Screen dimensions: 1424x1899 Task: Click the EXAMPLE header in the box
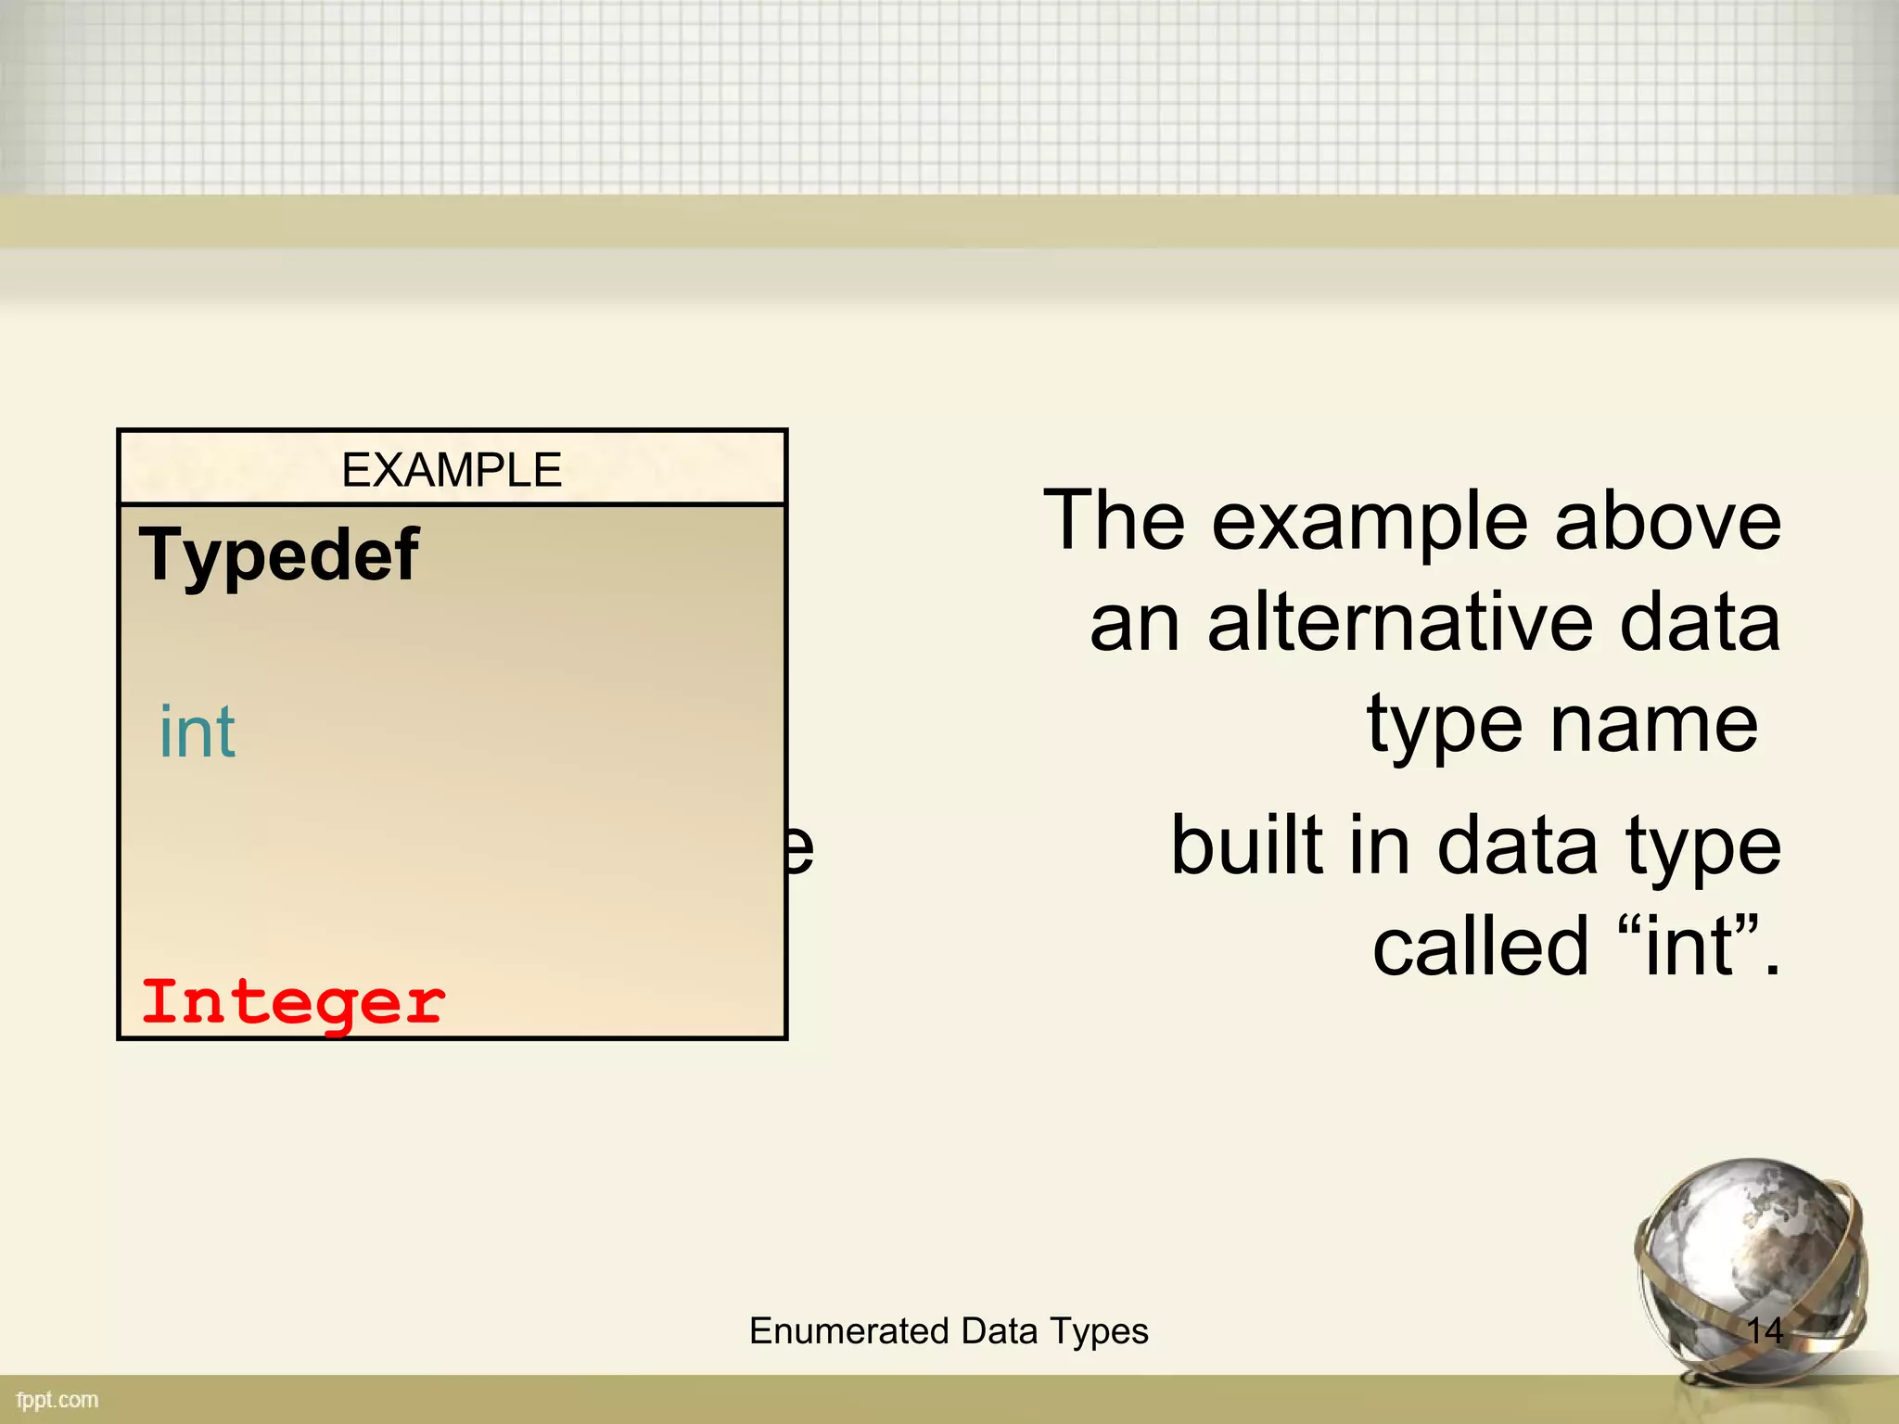click(x=452, y=470)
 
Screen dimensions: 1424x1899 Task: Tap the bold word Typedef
click(x=279, y=555)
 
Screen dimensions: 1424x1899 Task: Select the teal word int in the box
click(x=198, y=732)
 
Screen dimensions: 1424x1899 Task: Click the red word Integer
click(x=294, y=1003)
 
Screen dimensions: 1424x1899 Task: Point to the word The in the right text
click(x=1114, y=521)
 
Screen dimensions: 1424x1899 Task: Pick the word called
click(x=1480, y=947)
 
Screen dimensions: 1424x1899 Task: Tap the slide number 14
click(x=1765, y=1331)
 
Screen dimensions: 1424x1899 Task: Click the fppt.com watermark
click(x=57, y=1400)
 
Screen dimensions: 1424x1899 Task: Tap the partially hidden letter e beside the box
click(x=800, y=847)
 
